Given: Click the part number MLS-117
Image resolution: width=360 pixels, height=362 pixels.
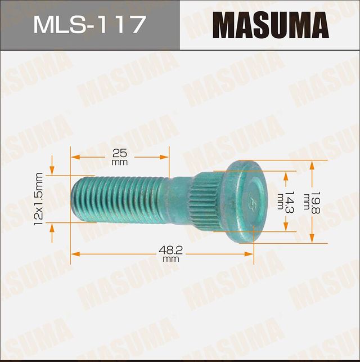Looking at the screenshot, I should click(x=89, y=25).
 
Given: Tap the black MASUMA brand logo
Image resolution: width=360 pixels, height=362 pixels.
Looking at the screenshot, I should click(x=270, y=25).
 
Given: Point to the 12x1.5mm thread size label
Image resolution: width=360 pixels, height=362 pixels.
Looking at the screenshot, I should click(x=38, y=199).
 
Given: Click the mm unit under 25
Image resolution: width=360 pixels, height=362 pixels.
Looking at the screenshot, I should click(x=119, y=162).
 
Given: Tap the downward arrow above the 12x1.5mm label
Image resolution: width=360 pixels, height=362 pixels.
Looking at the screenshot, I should click(x=52, y=166).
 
